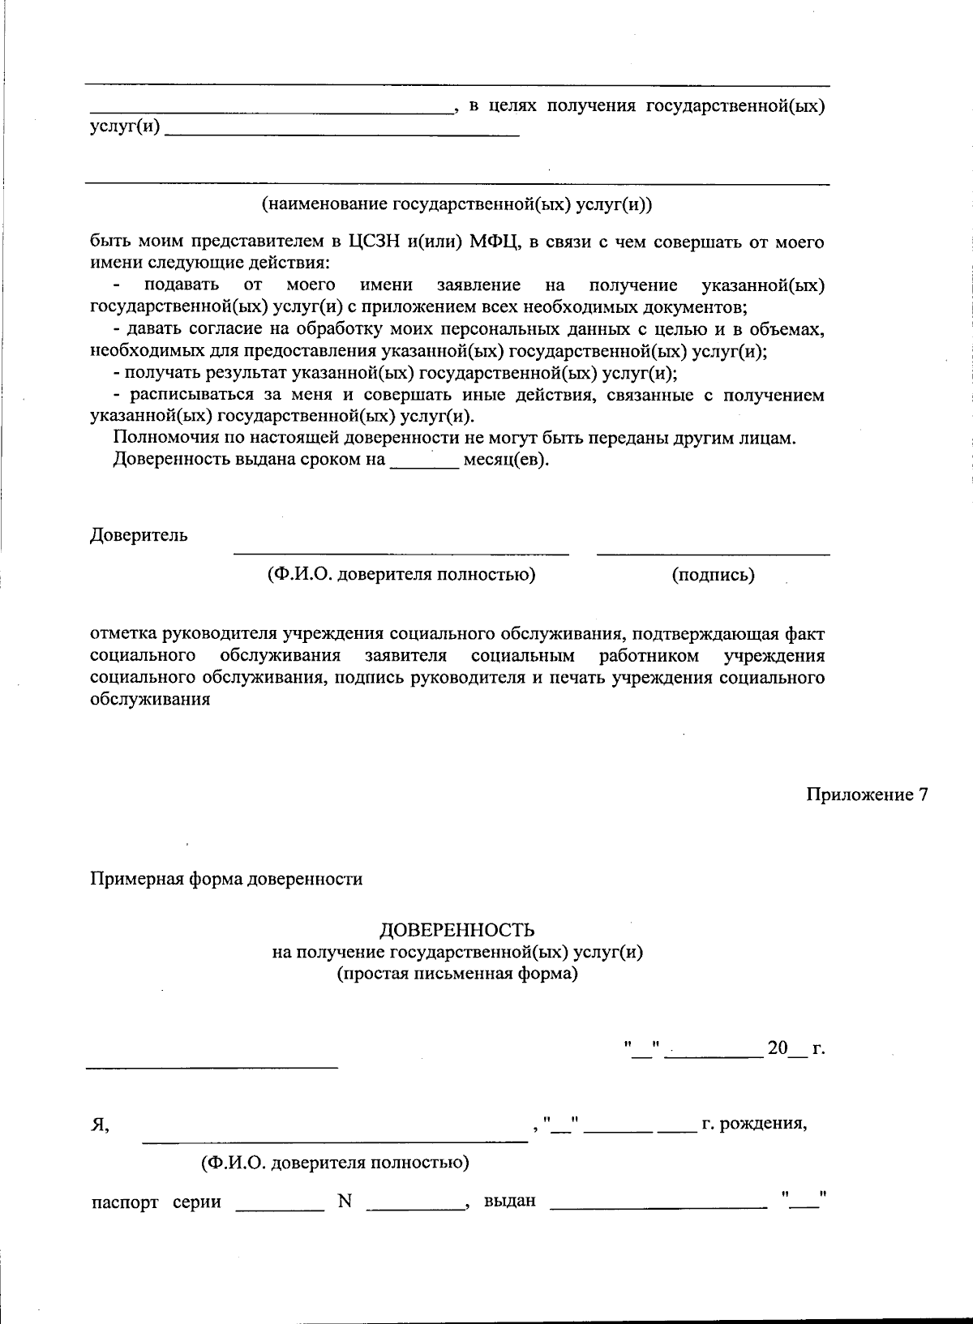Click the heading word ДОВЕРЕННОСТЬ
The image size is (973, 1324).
[x=457, y=930]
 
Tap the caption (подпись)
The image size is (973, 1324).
[x=713, y=575]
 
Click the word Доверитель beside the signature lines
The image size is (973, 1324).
[x=139, y=535]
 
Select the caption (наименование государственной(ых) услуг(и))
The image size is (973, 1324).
[x=456, y=205]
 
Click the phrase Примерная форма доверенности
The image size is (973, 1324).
[x=226, y=879]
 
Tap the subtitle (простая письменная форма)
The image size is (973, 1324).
[x=457, y=974]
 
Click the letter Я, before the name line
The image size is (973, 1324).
[x=99, y=1125]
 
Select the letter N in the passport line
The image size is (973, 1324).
[x=345, y=1202]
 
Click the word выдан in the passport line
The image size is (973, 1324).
[x=509, y=1201]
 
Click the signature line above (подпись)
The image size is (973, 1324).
[x=713, y=553]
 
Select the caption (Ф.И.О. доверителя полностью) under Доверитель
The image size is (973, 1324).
[x=401, y=575]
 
